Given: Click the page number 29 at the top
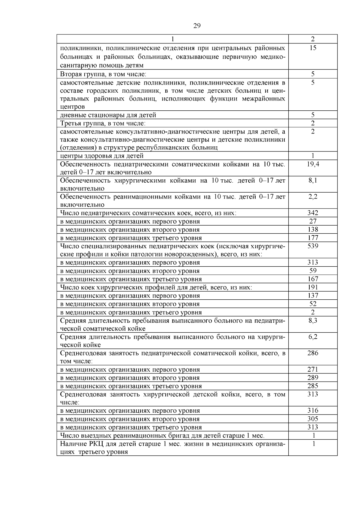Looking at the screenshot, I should (x=197, y=26).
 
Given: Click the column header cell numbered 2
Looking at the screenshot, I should (x=313, y=39).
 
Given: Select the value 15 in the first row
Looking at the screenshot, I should (x=313, y=48).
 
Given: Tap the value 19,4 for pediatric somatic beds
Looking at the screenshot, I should (x=313, y=164).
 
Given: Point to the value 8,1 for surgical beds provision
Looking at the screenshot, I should (x=313, y=181).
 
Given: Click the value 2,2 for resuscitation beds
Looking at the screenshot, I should (x=313, y=197).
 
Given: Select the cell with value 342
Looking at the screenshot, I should (x=313, y=213).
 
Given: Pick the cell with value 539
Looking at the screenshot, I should (x=313, y=246).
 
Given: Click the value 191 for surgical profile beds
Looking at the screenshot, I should (x=313, y=287).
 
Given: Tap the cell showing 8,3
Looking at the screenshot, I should (x=313, y=320).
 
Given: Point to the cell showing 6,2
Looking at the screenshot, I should (x=313, y=337).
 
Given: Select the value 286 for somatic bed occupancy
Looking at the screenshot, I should (x=313, y=353).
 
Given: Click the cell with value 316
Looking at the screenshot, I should (x=313, y=411).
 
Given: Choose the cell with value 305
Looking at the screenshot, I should (x=313, y=419).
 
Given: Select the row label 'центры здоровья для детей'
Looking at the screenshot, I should (x=102, y=156).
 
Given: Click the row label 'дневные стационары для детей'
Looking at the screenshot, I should (x=108, y=115).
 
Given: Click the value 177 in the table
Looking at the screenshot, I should (x=313, y=238).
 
